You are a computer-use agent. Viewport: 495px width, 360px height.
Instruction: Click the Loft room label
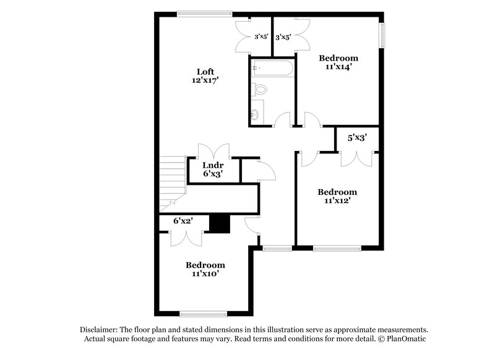205,71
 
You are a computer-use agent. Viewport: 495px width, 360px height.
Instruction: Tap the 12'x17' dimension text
205,80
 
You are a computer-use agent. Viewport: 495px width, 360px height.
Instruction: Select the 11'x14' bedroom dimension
337,67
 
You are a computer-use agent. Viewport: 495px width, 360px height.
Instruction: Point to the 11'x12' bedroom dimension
337,200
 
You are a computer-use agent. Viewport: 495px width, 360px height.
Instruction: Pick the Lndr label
213,165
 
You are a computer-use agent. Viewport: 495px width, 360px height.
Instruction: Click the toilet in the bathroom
259,90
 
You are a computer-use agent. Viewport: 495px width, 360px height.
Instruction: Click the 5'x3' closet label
357,139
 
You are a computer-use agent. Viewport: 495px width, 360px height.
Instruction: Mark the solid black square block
219,224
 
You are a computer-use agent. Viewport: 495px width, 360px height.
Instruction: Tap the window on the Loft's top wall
204,14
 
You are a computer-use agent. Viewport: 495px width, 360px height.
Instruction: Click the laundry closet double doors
213,150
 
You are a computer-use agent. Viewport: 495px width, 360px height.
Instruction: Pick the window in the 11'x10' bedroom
202,313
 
